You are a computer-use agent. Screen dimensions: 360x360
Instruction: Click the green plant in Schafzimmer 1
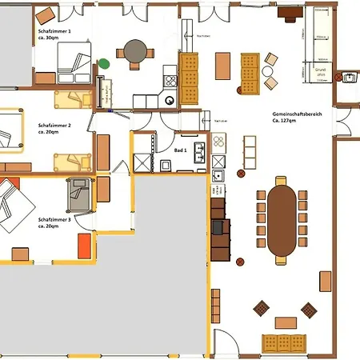tap(103, 63)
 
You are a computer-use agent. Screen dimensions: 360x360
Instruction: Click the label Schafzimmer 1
tap(54, 31)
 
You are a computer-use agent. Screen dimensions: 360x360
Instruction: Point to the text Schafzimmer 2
tap(54, 126)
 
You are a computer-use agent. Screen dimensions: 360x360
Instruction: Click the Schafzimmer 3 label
tap(54, 218)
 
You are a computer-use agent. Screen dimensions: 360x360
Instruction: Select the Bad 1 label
tap(181, 150)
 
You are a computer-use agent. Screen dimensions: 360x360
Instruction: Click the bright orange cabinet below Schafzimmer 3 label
tap(82, 244)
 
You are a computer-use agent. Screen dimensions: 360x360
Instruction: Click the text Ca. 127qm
tap(284, 123)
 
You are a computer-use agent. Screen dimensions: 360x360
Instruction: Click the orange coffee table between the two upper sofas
tap(223, 65)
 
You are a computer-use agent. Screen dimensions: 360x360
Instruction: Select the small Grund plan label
tap(321, 72)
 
